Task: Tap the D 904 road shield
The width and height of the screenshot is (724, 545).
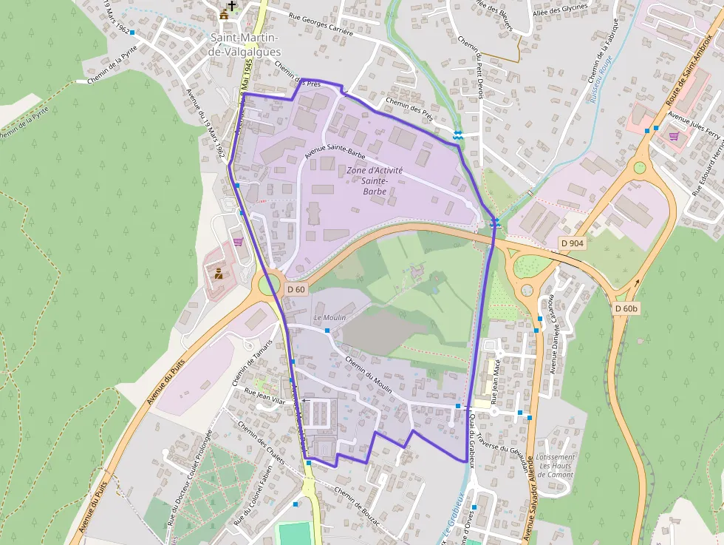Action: click(x=573, y=243)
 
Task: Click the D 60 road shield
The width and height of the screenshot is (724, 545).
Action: click(x=296, y=289)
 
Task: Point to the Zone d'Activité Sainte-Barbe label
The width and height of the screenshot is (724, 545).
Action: click(x=375, y=180)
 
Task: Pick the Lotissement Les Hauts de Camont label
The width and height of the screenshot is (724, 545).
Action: click(x=556, y=465)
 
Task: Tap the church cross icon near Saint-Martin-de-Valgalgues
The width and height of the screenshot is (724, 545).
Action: click(x=232, y=6)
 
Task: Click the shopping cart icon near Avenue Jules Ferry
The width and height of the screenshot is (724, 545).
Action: click(x=674, y=136)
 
